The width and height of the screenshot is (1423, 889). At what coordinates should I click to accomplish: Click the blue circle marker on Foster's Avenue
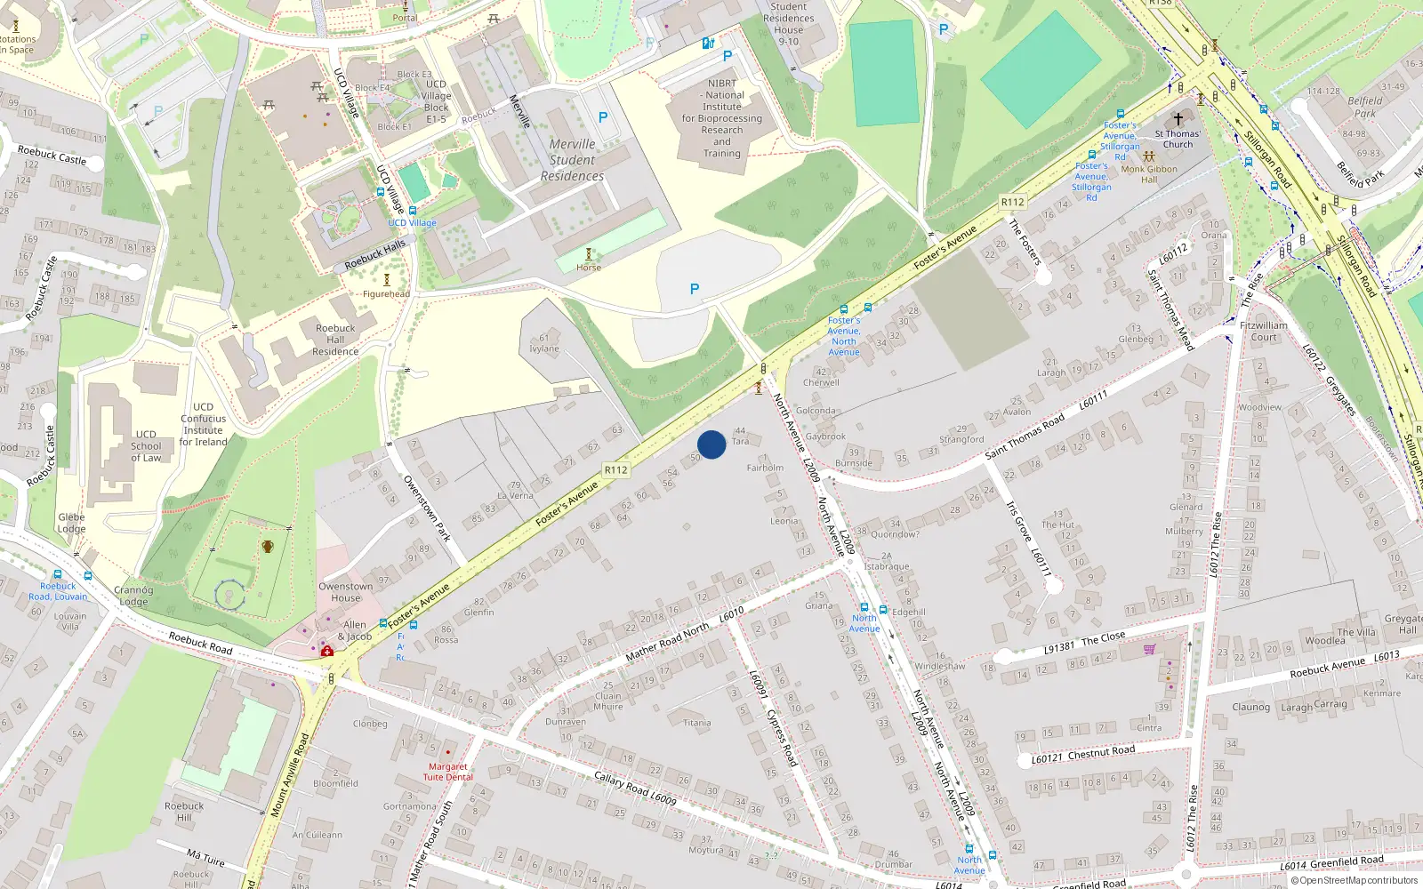click(711, 444)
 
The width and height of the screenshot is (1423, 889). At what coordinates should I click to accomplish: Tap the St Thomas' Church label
click(1178, 139)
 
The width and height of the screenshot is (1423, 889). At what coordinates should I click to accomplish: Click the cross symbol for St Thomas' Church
click(1178, 118)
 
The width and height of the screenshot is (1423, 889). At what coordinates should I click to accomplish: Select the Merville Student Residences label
click(572, 160)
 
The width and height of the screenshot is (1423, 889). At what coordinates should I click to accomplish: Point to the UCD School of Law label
click(146, 446)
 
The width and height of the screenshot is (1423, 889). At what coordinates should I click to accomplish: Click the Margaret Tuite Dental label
click(447, 772)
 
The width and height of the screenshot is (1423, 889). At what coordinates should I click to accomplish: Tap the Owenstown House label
click(346, 592)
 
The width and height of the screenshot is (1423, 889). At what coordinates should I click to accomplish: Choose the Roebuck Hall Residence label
click(335, 340)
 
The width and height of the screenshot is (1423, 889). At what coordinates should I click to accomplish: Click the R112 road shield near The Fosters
click(1012, 202)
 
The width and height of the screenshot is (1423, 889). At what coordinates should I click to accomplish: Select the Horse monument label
click(589, 267)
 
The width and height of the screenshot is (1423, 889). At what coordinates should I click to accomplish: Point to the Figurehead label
click(386, 293)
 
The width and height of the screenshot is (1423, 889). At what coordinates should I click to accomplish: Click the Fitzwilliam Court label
click(1263, 331)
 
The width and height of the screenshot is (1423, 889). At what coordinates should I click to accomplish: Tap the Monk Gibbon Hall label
click(1149, 173)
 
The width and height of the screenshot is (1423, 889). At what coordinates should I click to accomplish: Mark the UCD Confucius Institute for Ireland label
click(204, 424)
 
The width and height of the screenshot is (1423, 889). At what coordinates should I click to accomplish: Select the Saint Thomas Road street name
click(1025, 436)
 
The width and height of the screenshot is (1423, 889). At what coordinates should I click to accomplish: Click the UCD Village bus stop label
click(412, 222)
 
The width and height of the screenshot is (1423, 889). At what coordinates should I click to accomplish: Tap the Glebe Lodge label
click(71, 523)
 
